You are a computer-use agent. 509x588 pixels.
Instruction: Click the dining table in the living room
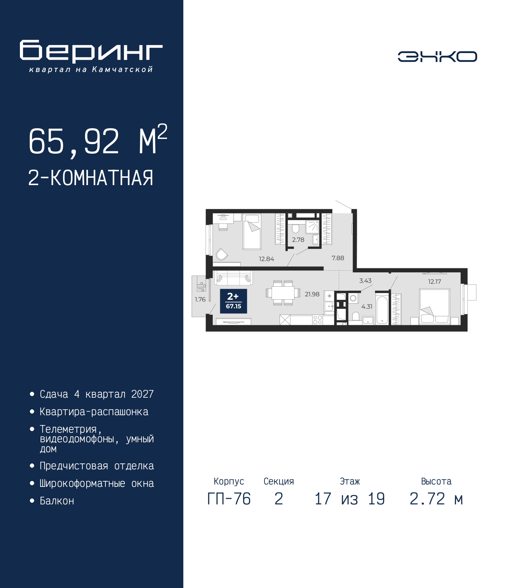(x=283, y=293)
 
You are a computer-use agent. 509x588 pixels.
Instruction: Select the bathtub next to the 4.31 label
(x=382, y=311)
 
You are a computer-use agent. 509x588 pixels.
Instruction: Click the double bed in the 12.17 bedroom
(x=435, y=307)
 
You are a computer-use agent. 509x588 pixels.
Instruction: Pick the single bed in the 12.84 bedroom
(x=252, y=231)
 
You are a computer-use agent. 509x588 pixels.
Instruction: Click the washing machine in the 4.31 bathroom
(x=353, y=298)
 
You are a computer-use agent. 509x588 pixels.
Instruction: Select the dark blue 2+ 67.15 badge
(x=233, y=301)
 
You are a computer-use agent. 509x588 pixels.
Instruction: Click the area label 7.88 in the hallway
(x=338, y=258)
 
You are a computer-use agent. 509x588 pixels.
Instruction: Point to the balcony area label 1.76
(x=200, y=299)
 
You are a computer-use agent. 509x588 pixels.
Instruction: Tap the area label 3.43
(x=365, y=281)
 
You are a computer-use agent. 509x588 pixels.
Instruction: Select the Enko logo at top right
(x=437, y=56)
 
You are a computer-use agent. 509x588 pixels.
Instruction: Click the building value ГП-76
(x=229, y=499)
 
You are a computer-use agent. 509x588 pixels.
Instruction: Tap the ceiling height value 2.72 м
(x=436, y=499)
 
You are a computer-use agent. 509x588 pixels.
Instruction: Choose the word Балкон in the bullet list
(x=57, y=501)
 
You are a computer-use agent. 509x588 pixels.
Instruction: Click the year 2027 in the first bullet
(x=142, y=394)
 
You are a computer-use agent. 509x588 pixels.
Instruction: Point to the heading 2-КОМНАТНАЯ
(x=91, y=178)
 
